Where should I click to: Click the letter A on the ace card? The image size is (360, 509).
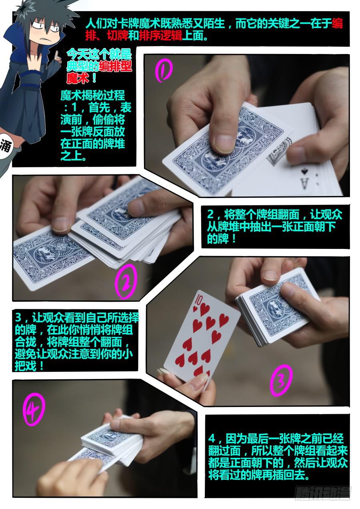click(x=304, y=183)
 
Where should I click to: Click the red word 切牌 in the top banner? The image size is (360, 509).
click(x=118, y=36)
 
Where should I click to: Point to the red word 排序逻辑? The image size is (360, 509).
click(x=161, y=36)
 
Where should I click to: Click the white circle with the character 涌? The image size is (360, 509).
click(x=6, y=146)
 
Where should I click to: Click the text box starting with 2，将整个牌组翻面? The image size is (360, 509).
click(x=275, y=226)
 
